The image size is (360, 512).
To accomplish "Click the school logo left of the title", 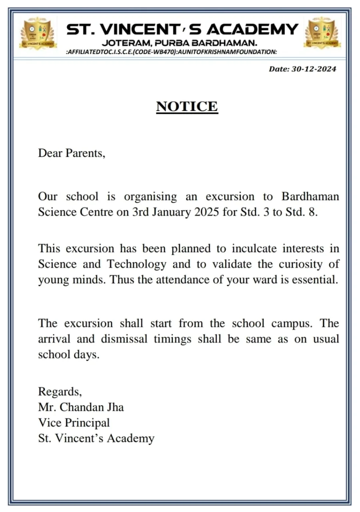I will point(38,33).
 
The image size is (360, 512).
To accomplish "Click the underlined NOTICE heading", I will point(187,106).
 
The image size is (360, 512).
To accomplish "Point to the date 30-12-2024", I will point(314,69).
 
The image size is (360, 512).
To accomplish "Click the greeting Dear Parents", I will point(72,153).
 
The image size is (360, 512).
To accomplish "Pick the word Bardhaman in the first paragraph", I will point(310,196).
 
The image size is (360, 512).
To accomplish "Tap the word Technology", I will point(136,264).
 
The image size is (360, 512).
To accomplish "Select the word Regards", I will point(60,391).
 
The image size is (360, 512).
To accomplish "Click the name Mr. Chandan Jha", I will point(81,407).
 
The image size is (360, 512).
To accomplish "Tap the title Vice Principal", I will point(74,422).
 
